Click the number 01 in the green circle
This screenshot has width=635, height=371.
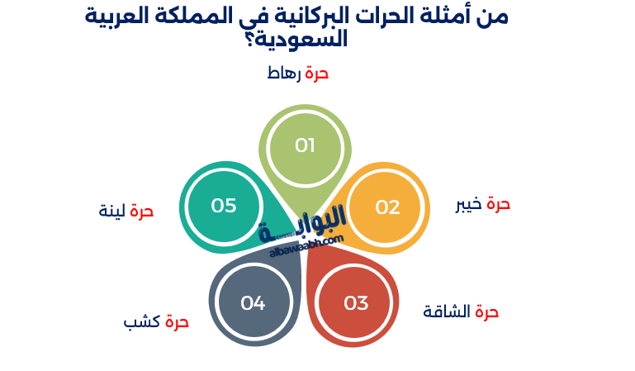click(x=306, y=146)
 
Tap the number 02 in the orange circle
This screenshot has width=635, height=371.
click(x=387, y=207)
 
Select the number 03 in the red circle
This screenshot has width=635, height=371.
click(x=356, y=303)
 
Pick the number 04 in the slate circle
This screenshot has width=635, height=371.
click(x=253, y=303)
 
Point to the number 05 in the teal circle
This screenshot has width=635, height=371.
click(x=224, y=206)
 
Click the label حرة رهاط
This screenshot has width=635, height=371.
click(x=297, y=73)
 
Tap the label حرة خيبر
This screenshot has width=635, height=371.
click(x=483, y=204)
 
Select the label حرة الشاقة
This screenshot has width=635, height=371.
click(x=461, y=312)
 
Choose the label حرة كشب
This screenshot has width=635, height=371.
click(x=156, y=321)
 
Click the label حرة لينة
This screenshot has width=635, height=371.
click(x=126, y=211)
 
